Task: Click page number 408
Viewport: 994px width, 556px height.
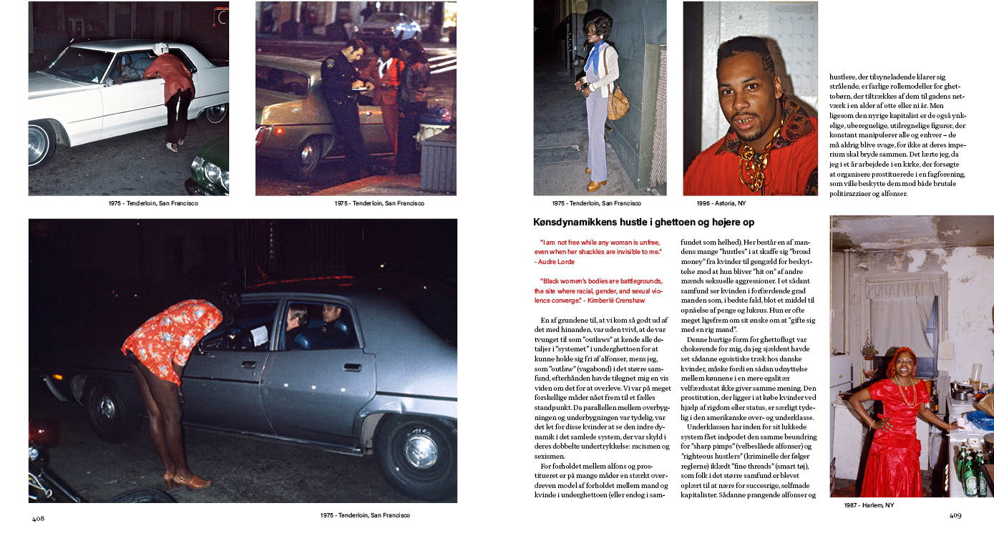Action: (38, 519)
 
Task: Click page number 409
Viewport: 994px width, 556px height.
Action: (955, 515)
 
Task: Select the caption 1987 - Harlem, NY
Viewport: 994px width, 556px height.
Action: (869, 505)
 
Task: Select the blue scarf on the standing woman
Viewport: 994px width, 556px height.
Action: (593, 57)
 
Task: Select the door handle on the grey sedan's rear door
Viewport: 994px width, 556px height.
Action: (351, 367)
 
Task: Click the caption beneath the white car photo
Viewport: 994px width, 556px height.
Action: (153, 203)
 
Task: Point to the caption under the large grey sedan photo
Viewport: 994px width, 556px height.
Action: (365, 515)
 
